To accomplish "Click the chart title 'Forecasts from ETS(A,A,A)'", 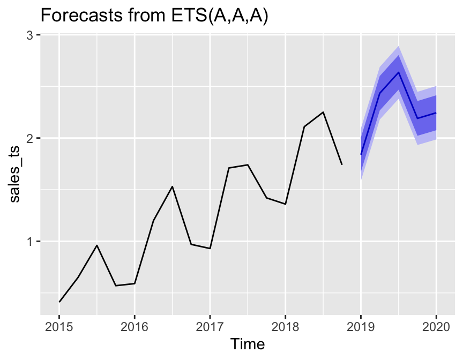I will click(154, 16).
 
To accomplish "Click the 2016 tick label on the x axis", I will click(135, 326).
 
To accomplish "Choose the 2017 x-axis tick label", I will click(210, 326).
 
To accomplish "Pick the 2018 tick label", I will click(285, 326).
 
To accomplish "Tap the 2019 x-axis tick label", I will click(361, 326).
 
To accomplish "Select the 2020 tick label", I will click(436, 326).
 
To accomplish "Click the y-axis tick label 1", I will click(31, 241).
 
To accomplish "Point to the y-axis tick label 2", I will click(31, 138).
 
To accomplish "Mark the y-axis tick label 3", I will click(31, 35).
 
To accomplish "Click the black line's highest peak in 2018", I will click(323, 112).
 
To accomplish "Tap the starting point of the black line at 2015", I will click(59, 302).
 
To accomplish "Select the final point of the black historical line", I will click(342, 164).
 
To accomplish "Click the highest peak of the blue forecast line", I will click(398, 72).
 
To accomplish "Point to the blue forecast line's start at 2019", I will click(361, 155).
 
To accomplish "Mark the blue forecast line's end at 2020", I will click(436, 113).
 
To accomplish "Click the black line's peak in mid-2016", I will click(172, 186).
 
